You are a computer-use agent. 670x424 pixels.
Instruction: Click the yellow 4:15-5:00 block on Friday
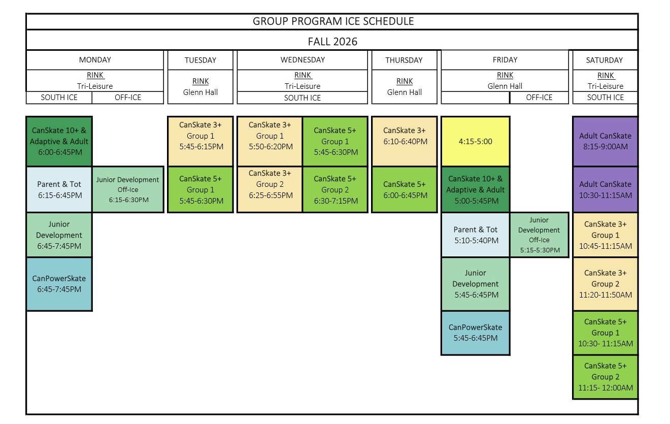tap(475, 141)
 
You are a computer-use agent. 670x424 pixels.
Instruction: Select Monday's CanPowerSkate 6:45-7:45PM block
tap(59, 284)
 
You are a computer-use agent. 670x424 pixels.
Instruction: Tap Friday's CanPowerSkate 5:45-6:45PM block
tap(475, 333)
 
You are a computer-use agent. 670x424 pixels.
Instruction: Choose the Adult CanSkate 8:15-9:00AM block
tap(605, 141)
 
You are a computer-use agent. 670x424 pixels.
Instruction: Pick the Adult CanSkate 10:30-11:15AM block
tap(605, 189)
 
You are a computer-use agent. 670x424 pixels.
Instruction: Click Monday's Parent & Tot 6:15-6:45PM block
tap(59, 189)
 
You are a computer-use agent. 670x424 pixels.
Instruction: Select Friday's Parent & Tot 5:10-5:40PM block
tap(475, 235)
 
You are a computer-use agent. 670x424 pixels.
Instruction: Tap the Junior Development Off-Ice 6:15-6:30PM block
tap(128, 189)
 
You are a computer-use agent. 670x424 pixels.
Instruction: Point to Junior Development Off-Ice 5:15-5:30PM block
tap(539, 235)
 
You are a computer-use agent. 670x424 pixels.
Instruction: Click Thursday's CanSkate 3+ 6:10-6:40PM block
tap(405, 141)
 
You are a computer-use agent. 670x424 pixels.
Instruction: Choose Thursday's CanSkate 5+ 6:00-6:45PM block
tap(405, 189)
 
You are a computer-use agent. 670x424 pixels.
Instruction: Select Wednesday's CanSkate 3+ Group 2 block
tap(270, 189)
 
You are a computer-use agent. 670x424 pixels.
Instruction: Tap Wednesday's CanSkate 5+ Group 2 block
tap(335, 189)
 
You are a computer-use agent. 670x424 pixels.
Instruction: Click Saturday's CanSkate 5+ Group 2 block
tap(605, 377)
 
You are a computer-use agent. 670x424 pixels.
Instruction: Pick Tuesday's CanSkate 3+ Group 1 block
tap(200, 141)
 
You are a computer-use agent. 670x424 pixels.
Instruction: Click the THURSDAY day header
tap(404, 60)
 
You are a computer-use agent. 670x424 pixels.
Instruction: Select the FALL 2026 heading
tap(332, 41)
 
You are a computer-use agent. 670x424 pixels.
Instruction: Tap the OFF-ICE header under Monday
tap(128, 97)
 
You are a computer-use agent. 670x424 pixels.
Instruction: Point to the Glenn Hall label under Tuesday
tap(200, 92)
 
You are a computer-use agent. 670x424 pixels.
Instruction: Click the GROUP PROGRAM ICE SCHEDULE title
tap(333, 21)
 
